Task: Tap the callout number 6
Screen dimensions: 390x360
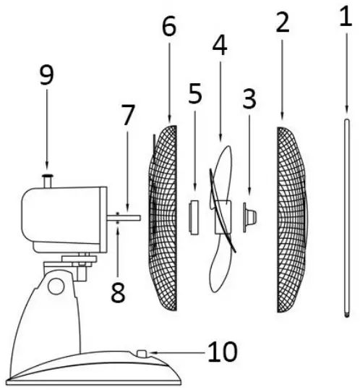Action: pos(168,27)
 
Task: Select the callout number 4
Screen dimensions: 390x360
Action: pos(220,46)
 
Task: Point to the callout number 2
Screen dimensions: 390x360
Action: pos(282,23)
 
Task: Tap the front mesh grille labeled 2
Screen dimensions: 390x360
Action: pos(291,217)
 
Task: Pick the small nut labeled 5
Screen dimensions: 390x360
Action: pos(194,217)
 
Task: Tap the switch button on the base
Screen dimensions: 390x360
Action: pos(142,354)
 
